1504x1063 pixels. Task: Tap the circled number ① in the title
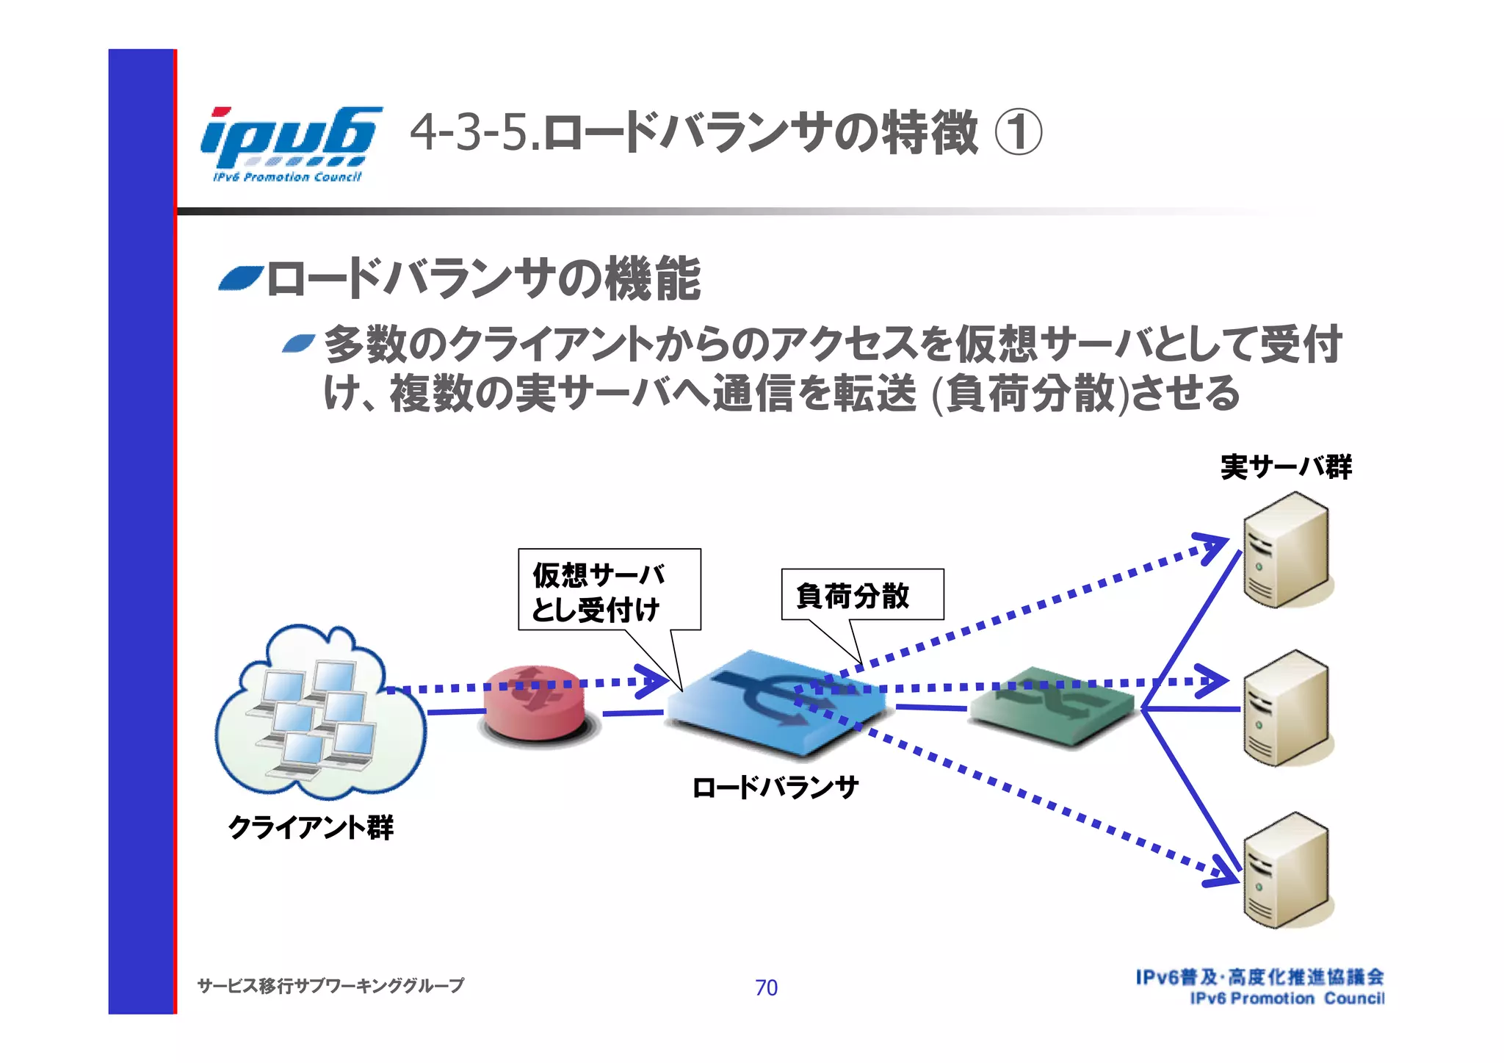(x=1018, y=132)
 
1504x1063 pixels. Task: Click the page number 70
(x=766, y=987)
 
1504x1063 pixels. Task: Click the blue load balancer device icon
(x=777, y=704)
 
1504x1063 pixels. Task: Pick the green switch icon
(x=1052, y=707)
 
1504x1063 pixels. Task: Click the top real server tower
(x=1286, y=549)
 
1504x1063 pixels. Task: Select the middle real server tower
(x=1286, y=708)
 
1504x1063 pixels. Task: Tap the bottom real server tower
(x=1286, y=870)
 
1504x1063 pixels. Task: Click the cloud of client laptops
(x=319, y=713)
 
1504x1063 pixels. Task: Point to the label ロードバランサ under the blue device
(x=775, y=788)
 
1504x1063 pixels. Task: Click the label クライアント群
(x=311, y=827)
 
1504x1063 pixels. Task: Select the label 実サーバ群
(x=1286, y=467)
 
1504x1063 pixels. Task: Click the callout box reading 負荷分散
(x=861, y=594)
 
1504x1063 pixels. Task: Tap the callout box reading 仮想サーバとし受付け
(x=609, y=589)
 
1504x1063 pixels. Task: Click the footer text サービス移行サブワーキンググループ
(x=330, y=985)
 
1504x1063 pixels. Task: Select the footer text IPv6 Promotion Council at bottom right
(x=1287, y=998)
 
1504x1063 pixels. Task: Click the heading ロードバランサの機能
(x=483, y=279)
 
